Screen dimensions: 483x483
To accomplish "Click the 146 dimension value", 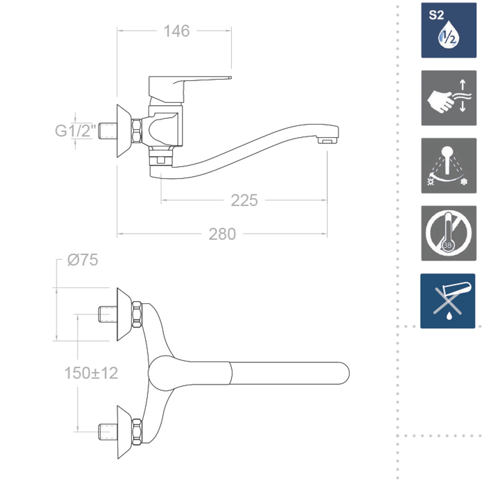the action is [x=176, y=31].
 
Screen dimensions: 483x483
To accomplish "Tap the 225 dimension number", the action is [x=244, y=200].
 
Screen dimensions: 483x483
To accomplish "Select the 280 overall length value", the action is [x=222, y=234].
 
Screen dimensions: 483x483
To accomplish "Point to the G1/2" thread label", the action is [x=75, y=130].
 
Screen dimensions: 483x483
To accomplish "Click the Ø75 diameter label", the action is [x=83, y=260].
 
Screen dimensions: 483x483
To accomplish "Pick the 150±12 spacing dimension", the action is [x=91, y=373].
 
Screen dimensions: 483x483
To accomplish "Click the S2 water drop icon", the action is [x=449, y=30].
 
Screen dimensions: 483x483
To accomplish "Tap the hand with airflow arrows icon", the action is [x=449, y=98].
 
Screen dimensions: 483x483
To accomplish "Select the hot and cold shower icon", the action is [x=449, y=166].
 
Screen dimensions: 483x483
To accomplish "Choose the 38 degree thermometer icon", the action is [x=449, y=233].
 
